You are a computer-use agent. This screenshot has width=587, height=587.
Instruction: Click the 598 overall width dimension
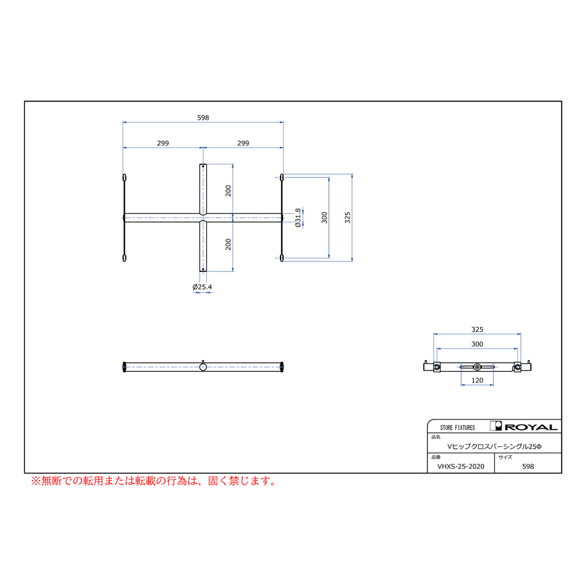click(x=203, y=117)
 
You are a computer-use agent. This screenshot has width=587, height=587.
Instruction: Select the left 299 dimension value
click(x=163, y=143)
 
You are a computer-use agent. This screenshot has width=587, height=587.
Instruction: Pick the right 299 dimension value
click(x=243, y=143)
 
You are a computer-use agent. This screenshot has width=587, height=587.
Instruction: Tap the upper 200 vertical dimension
click(x=228, y=190)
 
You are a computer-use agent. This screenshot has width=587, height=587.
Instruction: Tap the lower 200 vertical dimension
click(x=228, y=245)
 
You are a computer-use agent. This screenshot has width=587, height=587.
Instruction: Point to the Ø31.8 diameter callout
click(x=298, y=218)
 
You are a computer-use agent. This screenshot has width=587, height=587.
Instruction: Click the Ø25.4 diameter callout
click(x=202, y=287)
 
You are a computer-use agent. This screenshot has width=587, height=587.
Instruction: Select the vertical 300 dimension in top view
click(x=324, y=217)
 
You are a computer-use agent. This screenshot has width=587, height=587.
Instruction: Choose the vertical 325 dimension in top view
click(x=348, y=217)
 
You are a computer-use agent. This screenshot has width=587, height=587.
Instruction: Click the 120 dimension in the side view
click(x=477, y=380)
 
